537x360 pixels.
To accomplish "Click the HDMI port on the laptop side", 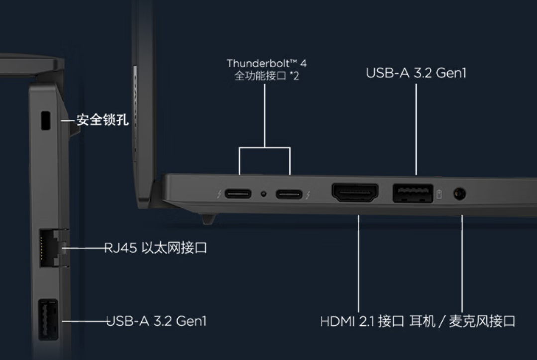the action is (355, 193).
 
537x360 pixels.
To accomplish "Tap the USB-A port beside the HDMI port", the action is (413, 193).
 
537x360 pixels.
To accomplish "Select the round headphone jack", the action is (459, 194).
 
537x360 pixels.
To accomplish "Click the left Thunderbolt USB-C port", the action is (238, 194).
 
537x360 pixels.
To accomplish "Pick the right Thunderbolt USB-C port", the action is (289, 194).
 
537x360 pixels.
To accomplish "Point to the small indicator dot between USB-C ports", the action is (263, 194).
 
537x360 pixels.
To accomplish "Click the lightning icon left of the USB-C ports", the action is (219, 194).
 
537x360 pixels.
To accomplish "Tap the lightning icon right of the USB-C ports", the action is (308, 195).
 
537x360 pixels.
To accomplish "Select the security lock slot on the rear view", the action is (46, 120).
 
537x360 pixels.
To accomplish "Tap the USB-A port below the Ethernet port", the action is (48, 320).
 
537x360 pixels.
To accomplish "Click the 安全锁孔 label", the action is (102, 120).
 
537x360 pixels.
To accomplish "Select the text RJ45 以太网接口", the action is (155, 248).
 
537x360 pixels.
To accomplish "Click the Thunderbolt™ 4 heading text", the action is (266, 63).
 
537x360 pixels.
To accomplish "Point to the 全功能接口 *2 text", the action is (266, 76).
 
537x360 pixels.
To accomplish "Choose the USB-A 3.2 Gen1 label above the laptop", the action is (416, 73).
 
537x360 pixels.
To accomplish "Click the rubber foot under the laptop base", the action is (208, 219).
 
